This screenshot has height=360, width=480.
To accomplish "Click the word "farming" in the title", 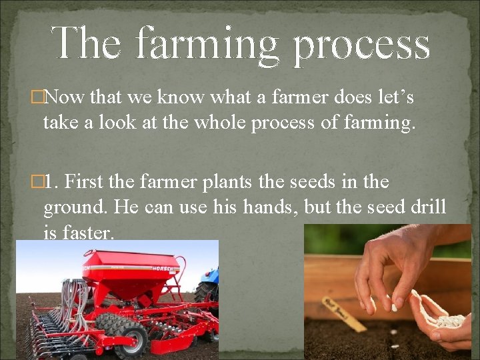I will click(206, 43).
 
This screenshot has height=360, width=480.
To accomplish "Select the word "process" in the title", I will click(361, 43).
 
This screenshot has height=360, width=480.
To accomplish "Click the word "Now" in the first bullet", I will click(64, 98).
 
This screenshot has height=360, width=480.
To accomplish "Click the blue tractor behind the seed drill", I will click(207, 287).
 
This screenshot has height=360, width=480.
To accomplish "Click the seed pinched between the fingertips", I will click(394, 307).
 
